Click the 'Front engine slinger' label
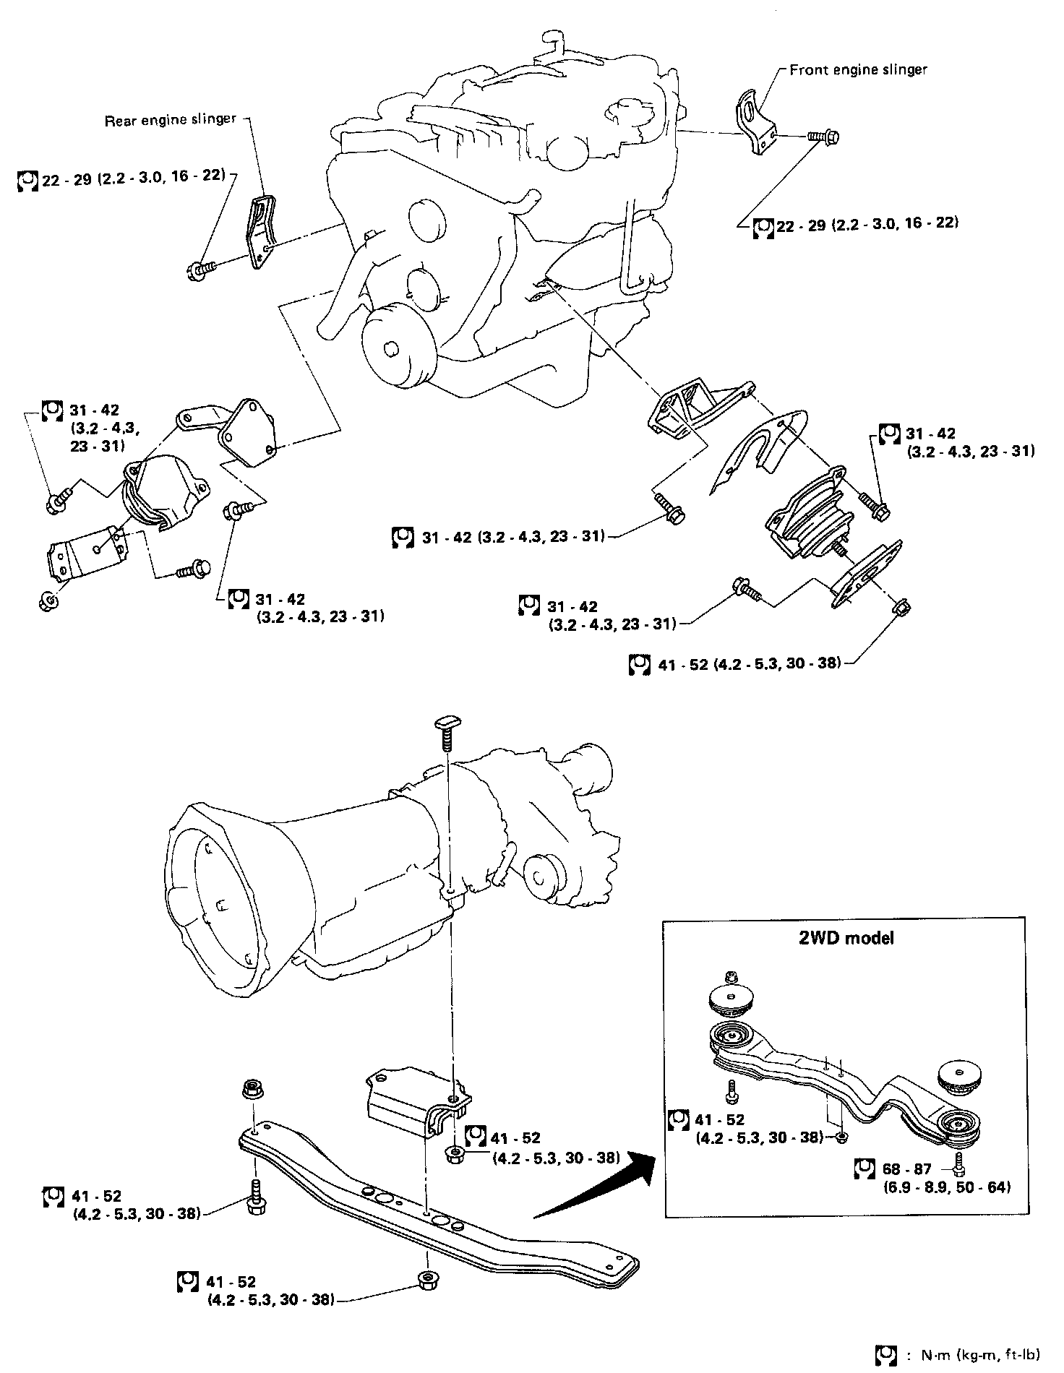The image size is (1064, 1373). tap(858, 70)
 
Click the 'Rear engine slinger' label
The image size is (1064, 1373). tap(171, 119)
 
